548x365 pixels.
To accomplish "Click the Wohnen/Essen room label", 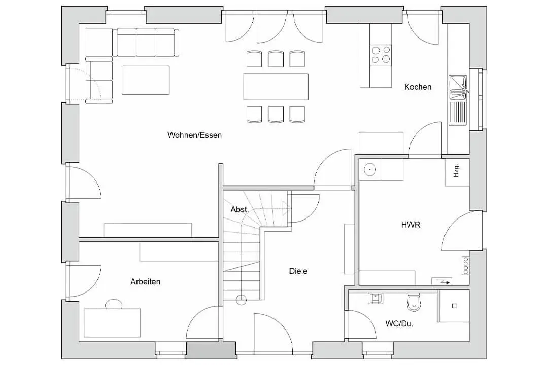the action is point(194,135).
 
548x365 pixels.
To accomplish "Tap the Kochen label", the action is point(418,87).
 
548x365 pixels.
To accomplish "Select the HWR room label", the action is point(410,225).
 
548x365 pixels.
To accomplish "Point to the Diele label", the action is point(298,271).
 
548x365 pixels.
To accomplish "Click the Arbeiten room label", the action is point(146,281).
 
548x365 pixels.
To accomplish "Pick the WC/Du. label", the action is point(399,324).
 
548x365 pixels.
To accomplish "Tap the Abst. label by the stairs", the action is point(239,209).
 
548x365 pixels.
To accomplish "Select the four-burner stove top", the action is point(381,55).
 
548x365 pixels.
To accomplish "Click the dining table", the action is point(276,87).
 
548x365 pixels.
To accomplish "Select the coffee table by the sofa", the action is point(146,80).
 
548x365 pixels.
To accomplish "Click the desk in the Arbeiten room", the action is point(112,323).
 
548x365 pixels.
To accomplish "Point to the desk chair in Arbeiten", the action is point(114,304).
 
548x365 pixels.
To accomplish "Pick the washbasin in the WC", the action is point(375,298).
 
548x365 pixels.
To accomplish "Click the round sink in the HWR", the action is point(370,170).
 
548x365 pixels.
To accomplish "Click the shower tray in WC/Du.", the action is point(453,306).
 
